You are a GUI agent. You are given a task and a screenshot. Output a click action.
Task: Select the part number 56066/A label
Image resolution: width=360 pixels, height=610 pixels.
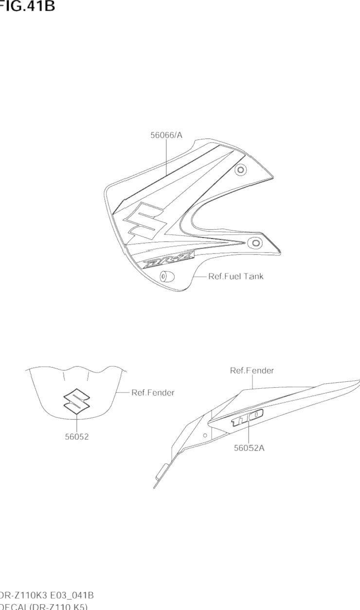point(166,136)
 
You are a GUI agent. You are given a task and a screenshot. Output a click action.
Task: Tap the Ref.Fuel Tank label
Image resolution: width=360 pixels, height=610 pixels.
point(236,276)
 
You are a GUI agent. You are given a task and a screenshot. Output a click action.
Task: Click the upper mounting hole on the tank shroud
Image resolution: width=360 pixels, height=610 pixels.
point(240,170)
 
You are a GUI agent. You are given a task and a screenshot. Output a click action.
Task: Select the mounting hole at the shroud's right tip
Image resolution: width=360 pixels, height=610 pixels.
point(253,242)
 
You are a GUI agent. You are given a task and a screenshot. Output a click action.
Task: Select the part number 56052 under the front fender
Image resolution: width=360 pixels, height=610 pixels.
point(77,436)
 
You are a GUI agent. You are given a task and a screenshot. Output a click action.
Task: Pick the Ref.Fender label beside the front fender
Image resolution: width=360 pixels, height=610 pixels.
point(153,393)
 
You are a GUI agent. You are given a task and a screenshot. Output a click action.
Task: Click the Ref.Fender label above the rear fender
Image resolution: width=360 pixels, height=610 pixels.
point(252,371)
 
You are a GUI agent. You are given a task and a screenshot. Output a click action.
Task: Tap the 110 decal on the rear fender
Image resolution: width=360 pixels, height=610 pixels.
point(248,418)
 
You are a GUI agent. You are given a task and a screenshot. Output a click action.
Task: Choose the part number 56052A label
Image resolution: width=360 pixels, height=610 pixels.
point(249,448)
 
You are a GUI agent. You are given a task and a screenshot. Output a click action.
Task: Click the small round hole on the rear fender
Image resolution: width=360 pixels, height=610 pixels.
point(205,435)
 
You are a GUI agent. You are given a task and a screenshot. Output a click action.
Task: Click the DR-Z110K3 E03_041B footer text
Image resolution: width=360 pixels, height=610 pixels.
point(47,595)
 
